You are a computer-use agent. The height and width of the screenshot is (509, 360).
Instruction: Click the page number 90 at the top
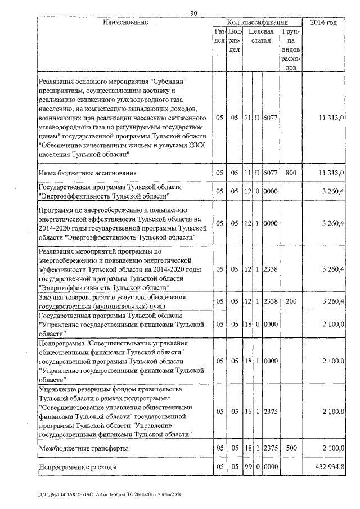[193, 14]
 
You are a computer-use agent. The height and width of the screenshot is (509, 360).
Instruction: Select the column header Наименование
[125, 22]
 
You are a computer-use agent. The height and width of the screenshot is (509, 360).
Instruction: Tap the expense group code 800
[290, 173]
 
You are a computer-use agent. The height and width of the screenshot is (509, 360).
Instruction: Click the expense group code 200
[290, 301]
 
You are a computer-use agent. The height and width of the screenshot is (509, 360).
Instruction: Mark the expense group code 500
[290, 448]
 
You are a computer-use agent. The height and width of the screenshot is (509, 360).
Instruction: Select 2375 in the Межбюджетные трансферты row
[271, 448]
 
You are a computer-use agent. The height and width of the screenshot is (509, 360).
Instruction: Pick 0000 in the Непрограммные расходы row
[271, 467]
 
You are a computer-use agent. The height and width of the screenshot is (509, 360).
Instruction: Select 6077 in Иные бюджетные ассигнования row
[271, 173]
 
